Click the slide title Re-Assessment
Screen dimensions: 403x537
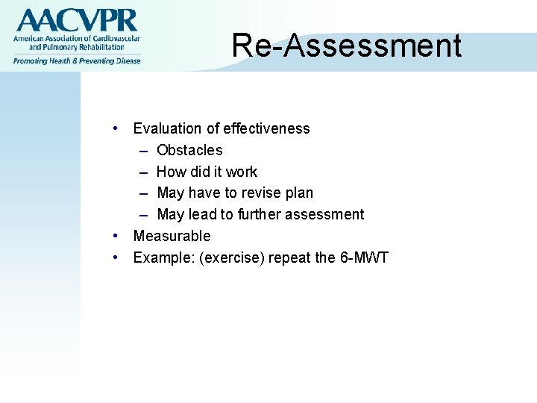(346, 46)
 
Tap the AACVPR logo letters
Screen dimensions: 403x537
(77, 20)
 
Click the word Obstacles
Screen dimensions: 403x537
(189, 150)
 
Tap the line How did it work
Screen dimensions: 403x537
(207, 172)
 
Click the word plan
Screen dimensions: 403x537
(300, 193)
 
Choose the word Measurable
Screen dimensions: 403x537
(172, 236)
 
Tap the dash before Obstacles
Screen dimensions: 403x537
(142, 150)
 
